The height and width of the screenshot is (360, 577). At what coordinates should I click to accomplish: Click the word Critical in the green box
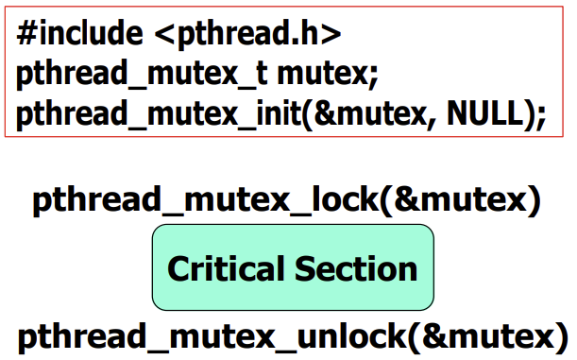click(x=228, y=268)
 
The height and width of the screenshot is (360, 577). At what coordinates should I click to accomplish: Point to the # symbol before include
click(x=25, y=35)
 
